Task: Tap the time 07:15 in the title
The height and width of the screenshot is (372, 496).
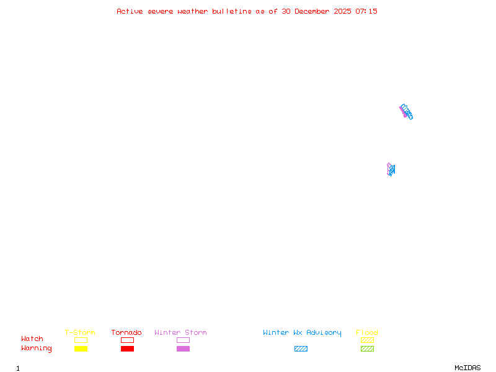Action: pos(366,11)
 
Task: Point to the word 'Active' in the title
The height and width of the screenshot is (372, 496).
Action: pos(130,11)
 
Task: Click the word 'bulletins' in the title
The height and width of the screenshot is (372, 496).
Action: pos(232,11)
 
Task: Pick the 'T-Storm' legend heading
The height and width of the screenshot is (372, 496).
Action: pos(80,333)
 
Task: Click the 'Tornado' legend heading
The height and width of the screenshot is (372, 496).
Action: pos(126,333)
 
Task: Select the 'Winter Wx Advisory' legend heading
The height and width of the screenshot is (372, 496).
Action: pos(302,333)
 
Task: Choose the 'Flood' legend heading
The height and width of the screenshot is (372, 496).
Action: pos(367,333)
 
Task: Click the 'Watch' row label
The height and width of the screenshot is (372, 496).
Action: pos(32,339)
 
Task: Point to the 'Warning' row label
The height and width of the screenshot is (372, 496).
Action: pos(37,348)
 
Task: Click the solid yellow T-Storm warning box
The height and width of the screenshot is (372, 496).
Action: pos(81,349)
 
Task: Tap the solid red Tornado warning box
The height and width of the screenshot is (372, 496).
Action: pos(127,349)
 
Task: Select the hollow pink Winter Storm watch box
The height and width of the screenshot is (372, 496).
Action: pos(183,340)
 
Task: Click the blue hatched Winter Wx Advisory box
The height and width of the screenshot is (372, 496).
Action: pos(301,349)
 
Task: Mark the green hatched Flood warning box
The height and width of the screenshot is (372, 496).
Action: pos(367,349)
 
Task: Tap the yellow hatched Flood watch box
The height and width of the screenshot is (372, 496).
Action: pos(367,340)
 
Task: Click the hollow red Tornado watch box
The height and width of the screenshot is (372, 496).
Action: pos(127,340)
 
